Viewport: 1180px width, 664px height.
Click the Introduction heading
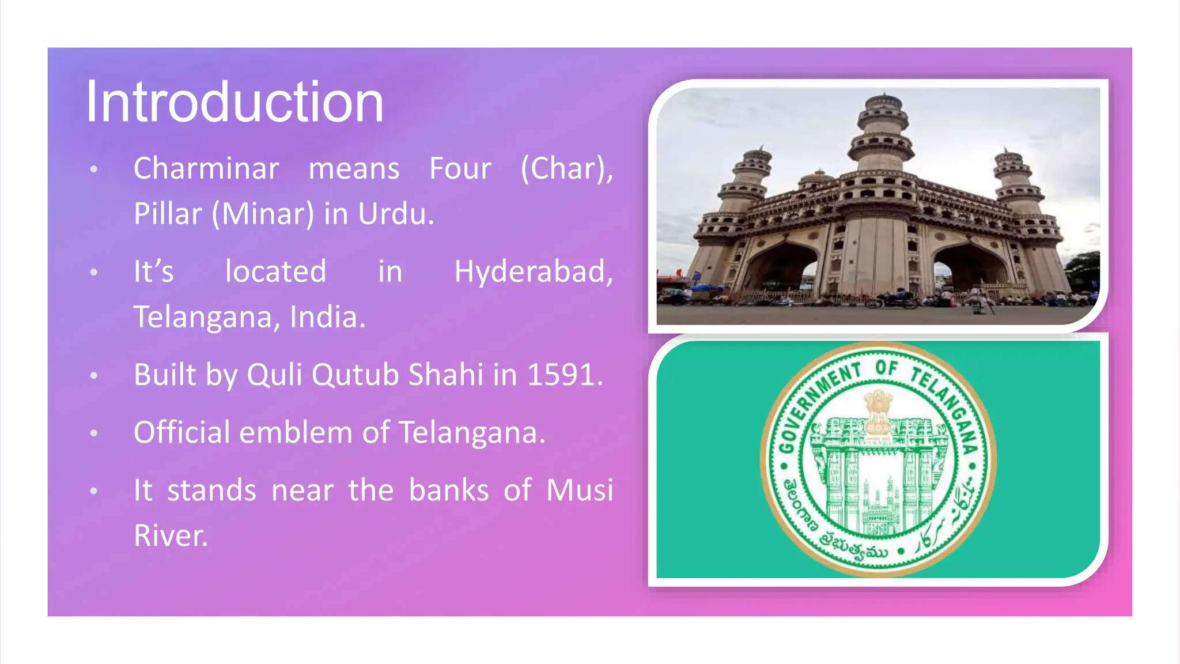(235, 103)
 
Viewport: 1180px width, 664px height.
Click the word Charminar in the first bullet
(206, 169)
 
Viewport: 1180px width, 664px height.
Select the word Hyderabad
(533, 271)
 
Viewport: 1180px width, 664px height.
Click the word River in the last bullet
(170, 535)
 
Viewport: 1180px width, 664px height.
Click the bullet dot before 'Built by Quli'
(94, 376)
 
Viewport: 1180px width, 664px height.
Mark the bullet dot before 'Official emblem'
(94, 433)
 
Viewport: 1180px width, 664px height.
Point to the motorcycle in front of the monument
(893, 300)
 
